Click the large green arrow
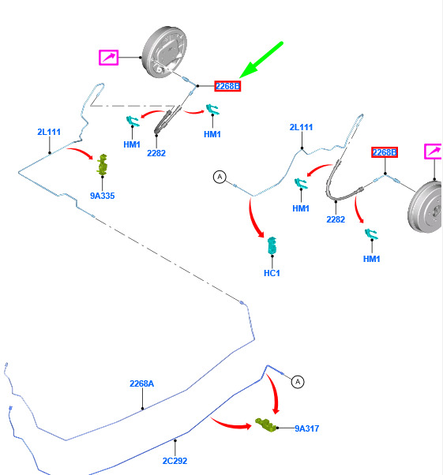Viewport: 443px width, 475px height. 261,60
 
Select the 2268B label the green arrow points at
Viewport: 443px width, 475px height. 227,86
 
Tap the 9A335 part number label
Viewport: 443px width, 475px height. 103,196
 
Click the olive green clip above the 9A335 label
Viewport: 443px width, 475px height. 103,164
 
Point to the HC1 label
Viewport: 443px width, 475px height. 272,273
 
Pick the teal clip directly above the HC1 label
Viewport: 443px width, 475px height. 272,245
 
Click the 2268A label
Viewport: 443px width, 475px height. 141,383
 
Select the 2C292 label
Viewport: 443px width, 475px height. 175,461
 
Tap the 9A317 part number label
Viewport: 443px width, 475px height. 307,428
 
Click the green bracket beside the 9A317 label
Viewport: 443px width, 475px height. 265,425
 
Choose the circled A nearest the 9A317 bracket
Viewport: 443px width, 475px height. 298,382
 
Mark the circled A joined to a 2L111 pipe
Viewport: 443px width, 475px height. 220,177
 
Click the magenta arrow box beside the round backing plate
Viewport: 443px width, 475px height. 108,58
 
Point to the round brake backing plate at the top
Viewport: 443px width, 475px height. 165,52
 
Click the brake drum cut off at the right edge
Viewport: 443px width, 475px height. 425,207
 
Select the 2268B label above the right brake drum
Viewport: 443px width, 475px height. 385,152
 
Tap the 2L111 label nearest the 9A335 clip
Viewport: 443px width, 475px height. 49,132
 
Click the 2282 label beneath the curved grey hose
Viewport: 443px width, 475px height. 336,219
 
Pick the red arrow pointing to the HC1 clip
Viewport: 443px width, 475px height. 254,218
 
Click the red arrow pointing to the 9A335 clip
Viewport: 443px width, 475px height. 81,152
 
